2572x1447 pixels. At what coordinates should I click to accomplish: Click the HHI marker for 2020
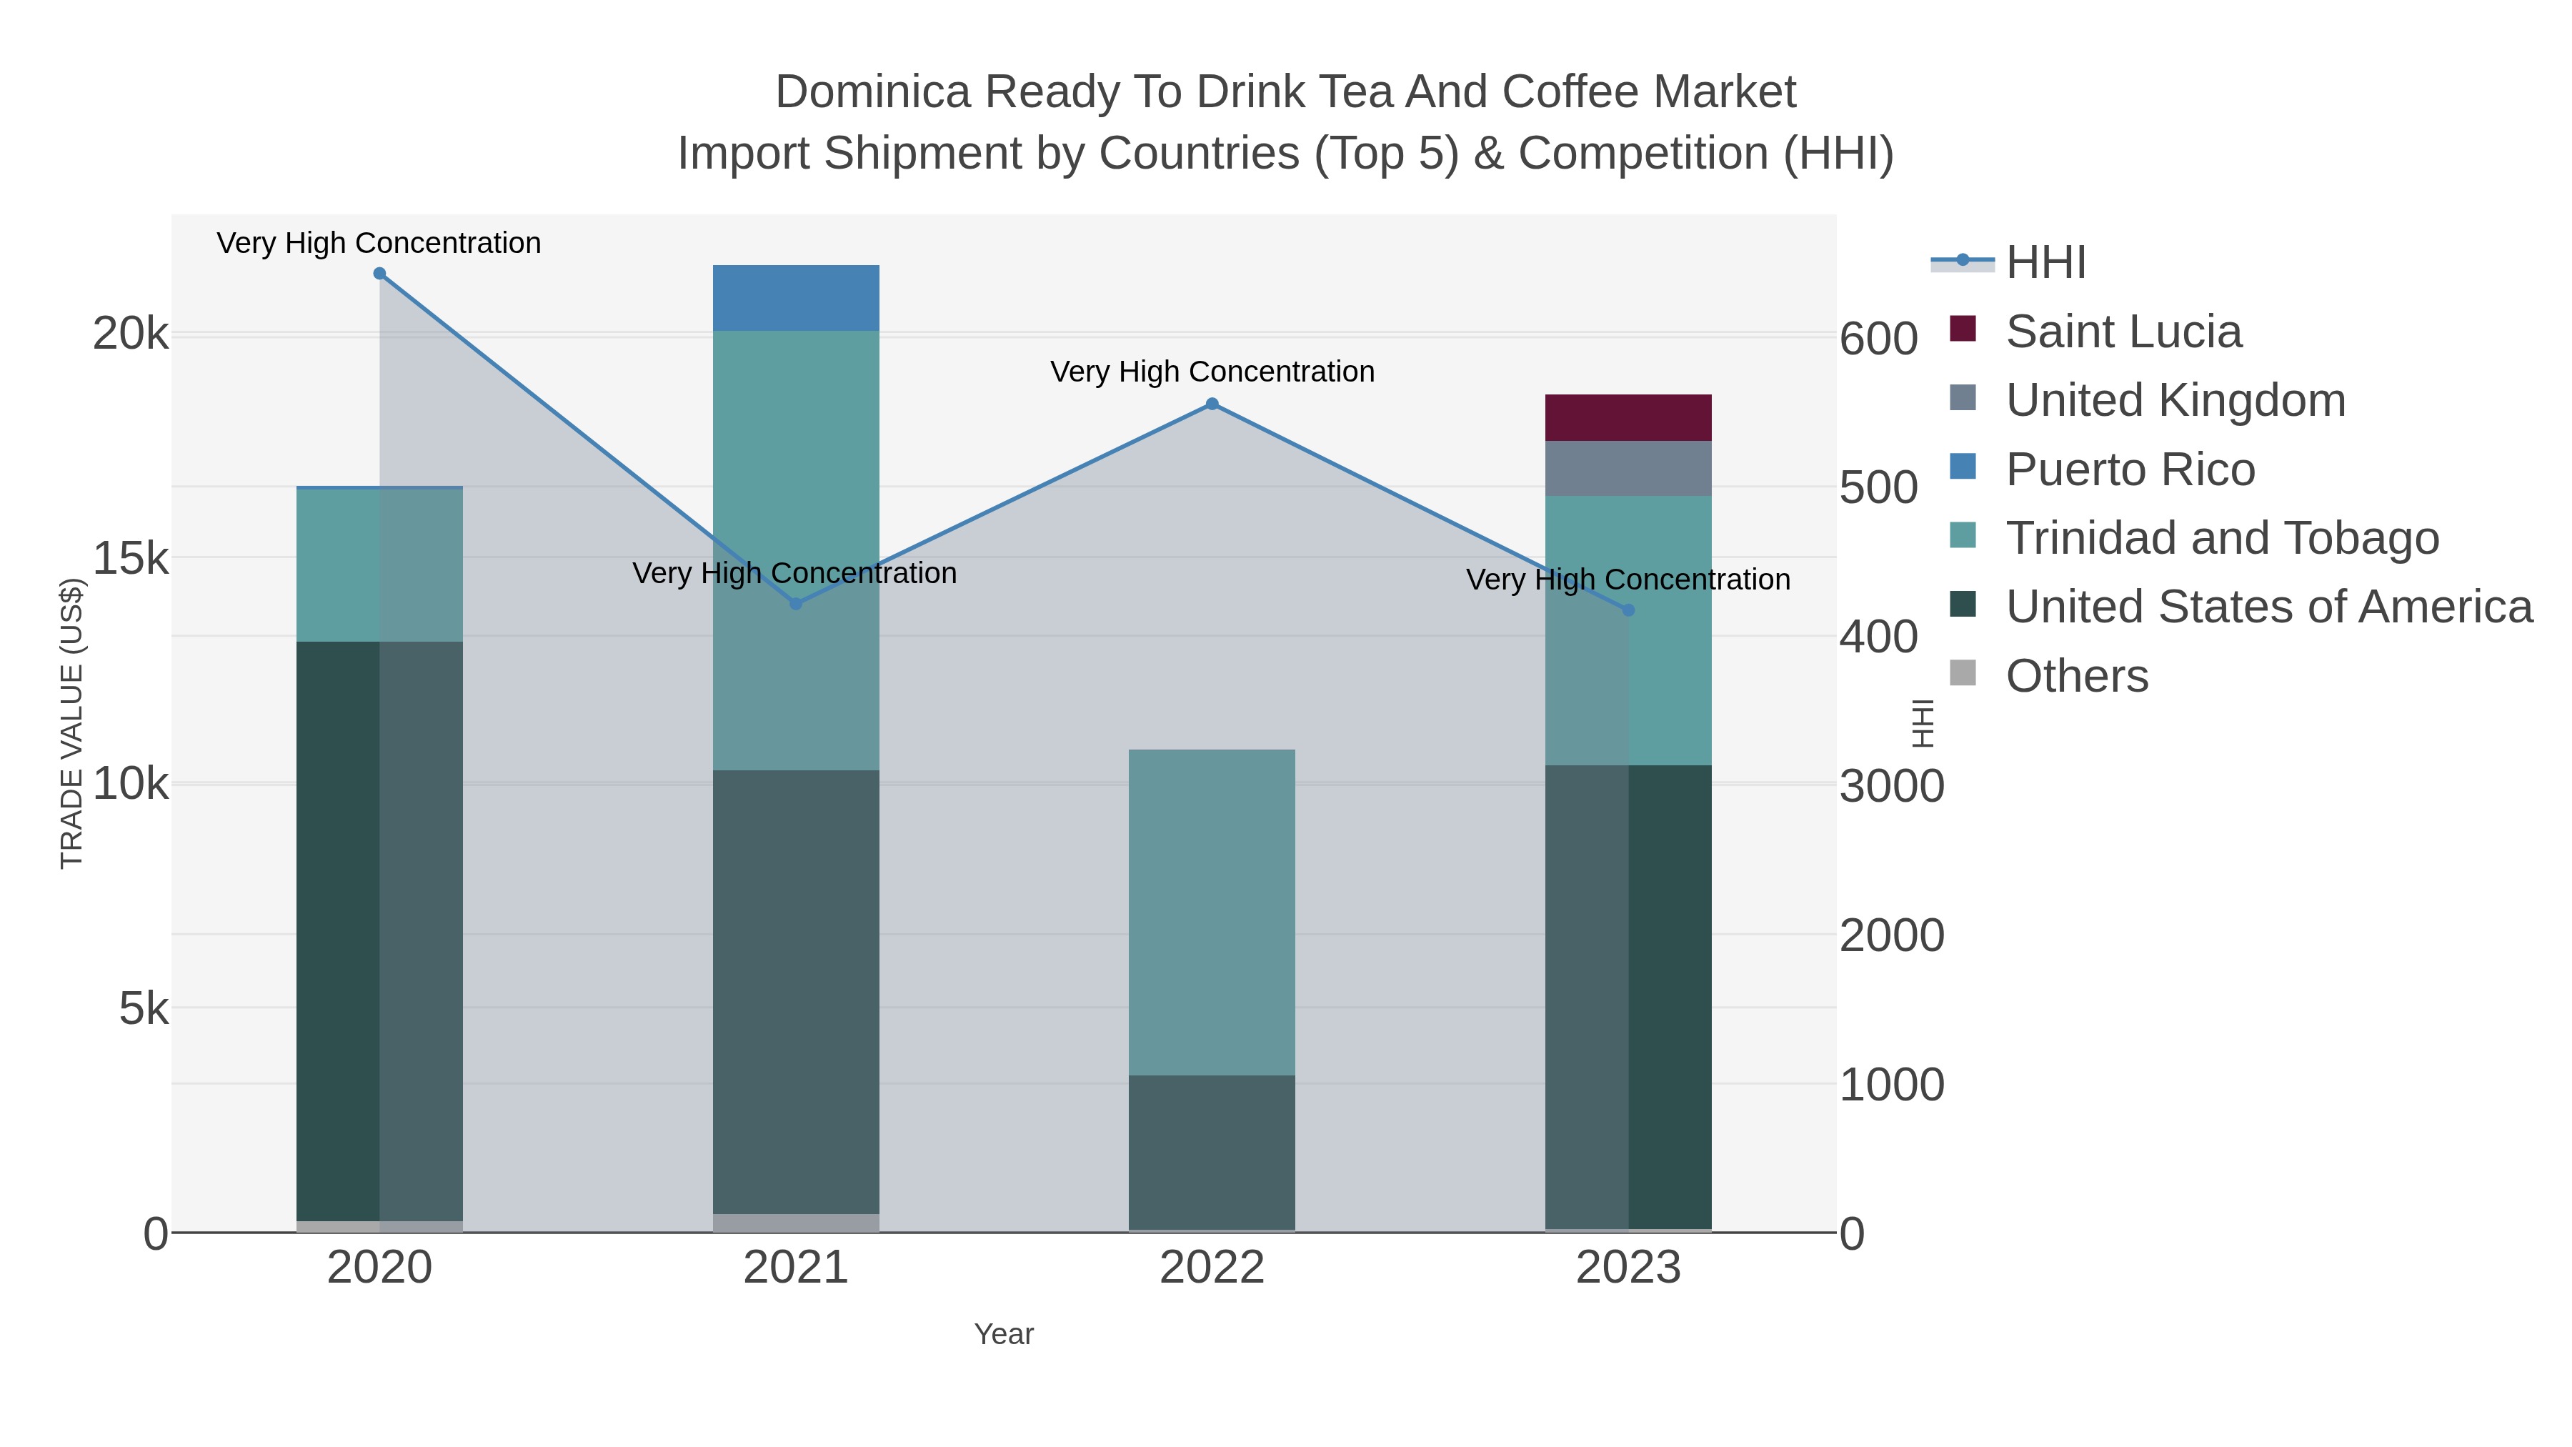coord(379,274)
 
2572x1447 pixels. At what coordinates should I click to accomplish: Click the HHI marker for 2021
coord(796,604)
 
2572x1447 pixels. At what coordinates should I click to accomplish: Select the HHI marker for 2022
coord(1212,404)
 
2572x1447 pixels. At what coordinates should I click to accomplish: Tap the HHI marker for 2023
coord(1628,610)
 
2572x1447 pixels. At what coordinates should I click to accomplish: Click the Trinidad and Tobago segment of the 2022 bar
coord(1212,913)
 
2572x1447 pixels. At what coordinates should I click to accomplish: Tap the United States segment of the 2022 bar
coord(1212,1153)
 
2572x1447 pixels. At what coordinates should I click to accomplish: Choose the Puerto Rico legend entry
coord(2130,469)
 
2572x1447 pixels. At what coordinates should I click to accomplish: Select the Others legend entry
coord(2077,676)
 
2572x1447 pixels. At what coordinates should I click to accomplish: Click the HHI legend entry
coord(2046,263)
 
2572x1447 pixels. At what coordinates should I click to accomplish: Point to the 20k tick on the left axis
coord(131,334)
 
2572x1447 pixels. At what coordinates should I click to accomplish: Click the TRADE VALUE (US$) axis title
coord(72,723)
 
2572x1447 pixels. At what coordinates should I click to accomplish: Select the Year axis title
coord(1004,1334)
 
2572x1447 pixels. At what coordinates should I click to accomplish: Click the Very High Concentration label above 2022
coord(1212,372)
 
